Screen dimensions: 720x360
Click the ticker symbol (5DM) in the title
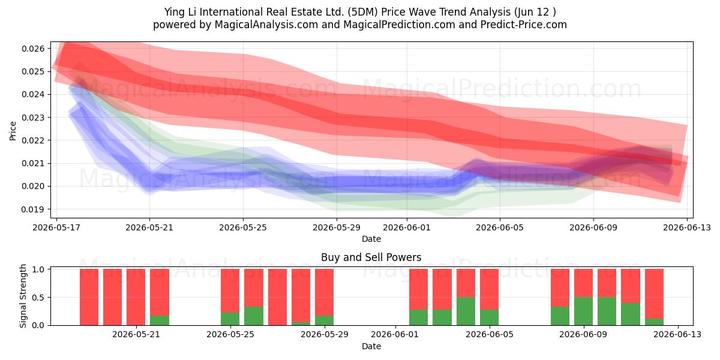click(x=362, y=12)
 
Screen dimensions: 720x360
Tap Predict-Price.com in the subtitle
click(x=524, y=25)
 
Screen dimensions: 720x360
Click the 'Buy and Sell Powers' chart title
click(x=371, y=257)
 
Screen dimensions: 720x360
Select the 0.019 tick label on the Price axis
click(x=33, y=209)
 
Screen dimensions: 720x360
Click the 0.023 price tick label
click(x=33, y=118)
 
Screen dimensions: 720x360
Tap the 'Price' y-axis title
click(x=13, y=131)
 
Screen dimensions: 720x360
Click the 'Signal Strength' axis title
click(x=23, y=296)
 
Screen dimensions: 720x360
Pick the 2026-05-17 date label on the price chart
click(x=56, y=227)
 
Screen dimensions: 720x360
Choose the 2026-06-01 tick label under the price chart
click(x=407, y=227)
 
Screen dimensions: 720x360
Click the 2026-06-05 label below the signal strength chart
click(x=490, y=334)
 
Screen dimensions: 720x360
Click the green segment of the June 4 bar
click(x=466, y=311)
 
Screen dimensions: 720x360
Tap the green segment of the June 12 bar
click(x=654, y=322)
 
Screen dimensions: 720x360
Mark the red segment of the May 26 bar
click(x=254, y=287)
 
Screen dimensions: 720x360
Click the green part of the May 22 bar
click(x=160, y=320)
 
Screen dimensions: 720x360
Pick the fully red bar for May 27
click(x=277, y=297)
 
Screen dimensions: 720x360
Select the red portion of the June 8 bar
click(x=560, y=287)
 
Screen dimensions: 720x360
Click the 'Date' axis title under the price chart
click(x=371, y=239)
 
